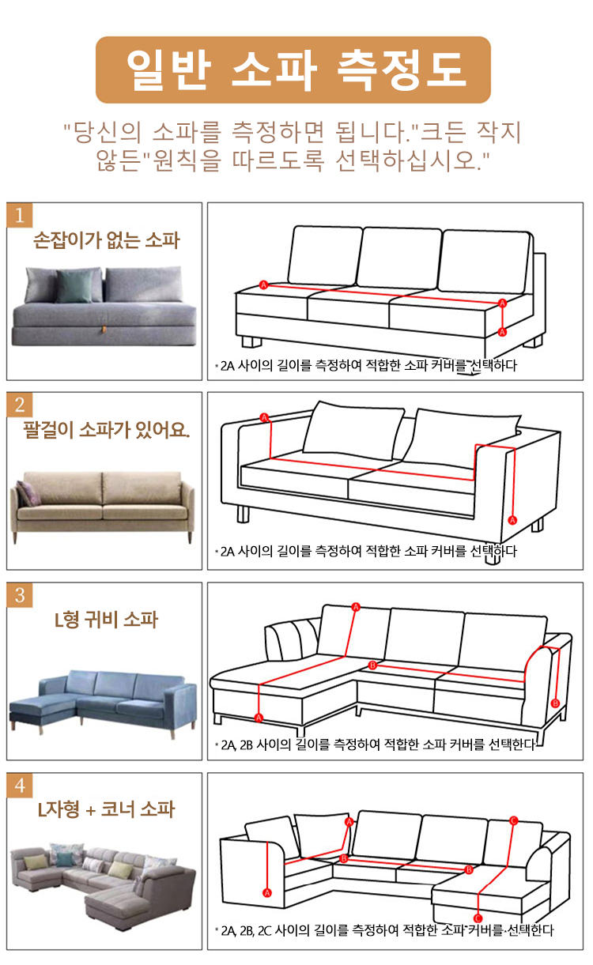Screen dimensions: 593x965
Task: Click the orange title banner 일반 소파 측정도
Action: tap(293, 70)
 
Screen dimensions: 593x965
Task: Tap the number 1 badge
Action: tap(20, 215)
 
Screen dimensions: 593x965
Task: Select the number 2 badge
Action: tap(20, 405)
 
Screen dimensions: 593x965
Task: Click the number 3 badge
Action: tap(20, 595)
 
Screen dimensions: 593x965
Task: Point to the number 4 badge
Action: tap(20, 786)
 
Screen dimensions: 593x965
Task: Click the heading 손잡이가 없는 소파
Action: tap(106, 240)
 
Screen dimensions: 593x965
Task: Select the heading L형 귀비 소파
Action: tap(106, 620)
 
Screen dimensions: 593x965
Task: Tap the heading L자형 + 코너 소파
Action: tap(106, 809)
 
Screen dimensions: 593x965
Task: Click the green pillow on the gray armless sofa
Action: tap(74, 286)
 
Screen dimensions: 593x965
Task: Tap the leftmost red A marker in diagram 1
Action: tap(264, 285)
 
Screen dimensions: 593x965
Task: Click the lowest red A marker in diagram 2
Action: tap(512, 520)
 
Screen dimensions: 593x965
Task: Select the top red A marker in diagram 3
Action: tap(356, 607)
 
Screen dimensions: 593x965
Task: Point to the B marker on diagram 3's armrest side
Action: tap(556, 703)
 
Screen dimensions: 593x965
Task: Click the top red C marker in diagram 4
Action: tap(513, 820)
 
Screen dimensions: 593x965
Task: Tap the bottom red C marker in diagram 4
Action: tap(478, 919)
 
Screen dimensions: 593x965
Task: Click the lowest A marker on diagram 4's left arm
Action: tap(267, 892)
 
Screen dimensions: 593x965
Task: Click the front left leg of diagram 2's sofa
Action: tap(243, 514)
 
